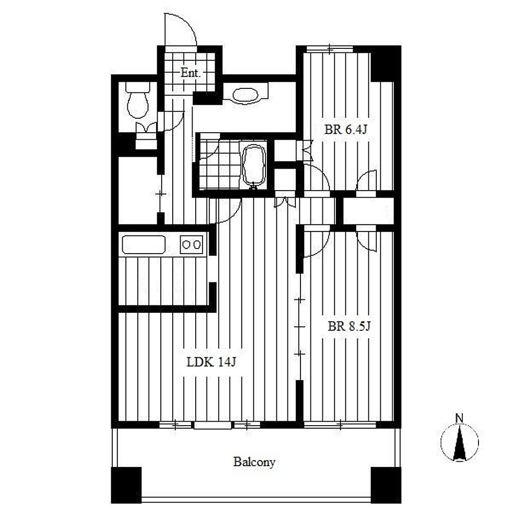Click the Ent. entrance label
click(x=190, y=73)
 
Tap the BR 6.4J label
click(x=346, y=130)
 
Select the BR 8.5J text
click(x=349, y=326)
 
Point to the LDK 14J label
click(x=211, y=362)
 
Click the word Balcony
click(x=254, y=462)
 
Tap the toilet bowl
click(x=138, y=104)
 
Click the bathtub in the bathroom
click(x=254, y=165)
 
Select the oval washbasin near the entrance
click(x=246, y=95)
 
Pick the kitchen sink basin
click(x=143, y=245)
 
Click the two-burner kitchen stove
click(x=192, y=245)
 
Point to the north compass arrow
click(x=460, y=443)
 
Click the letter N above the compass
click(x=460, y=418)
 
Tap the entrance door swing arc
click(x=181, y=29)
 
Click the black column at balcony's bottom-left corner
click(x=126, y=485)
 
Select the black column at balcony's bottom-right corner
click(x=386, y=485)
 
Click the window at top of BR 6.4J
click(x=330, y=49)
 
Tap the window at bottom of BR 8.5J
click(x=340, y=425)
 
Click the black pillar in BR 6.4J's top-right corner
click(x=386, y=64)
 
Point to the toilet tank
click(x=138, y=87)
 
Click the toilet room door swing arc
click(x=171, y=121)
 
